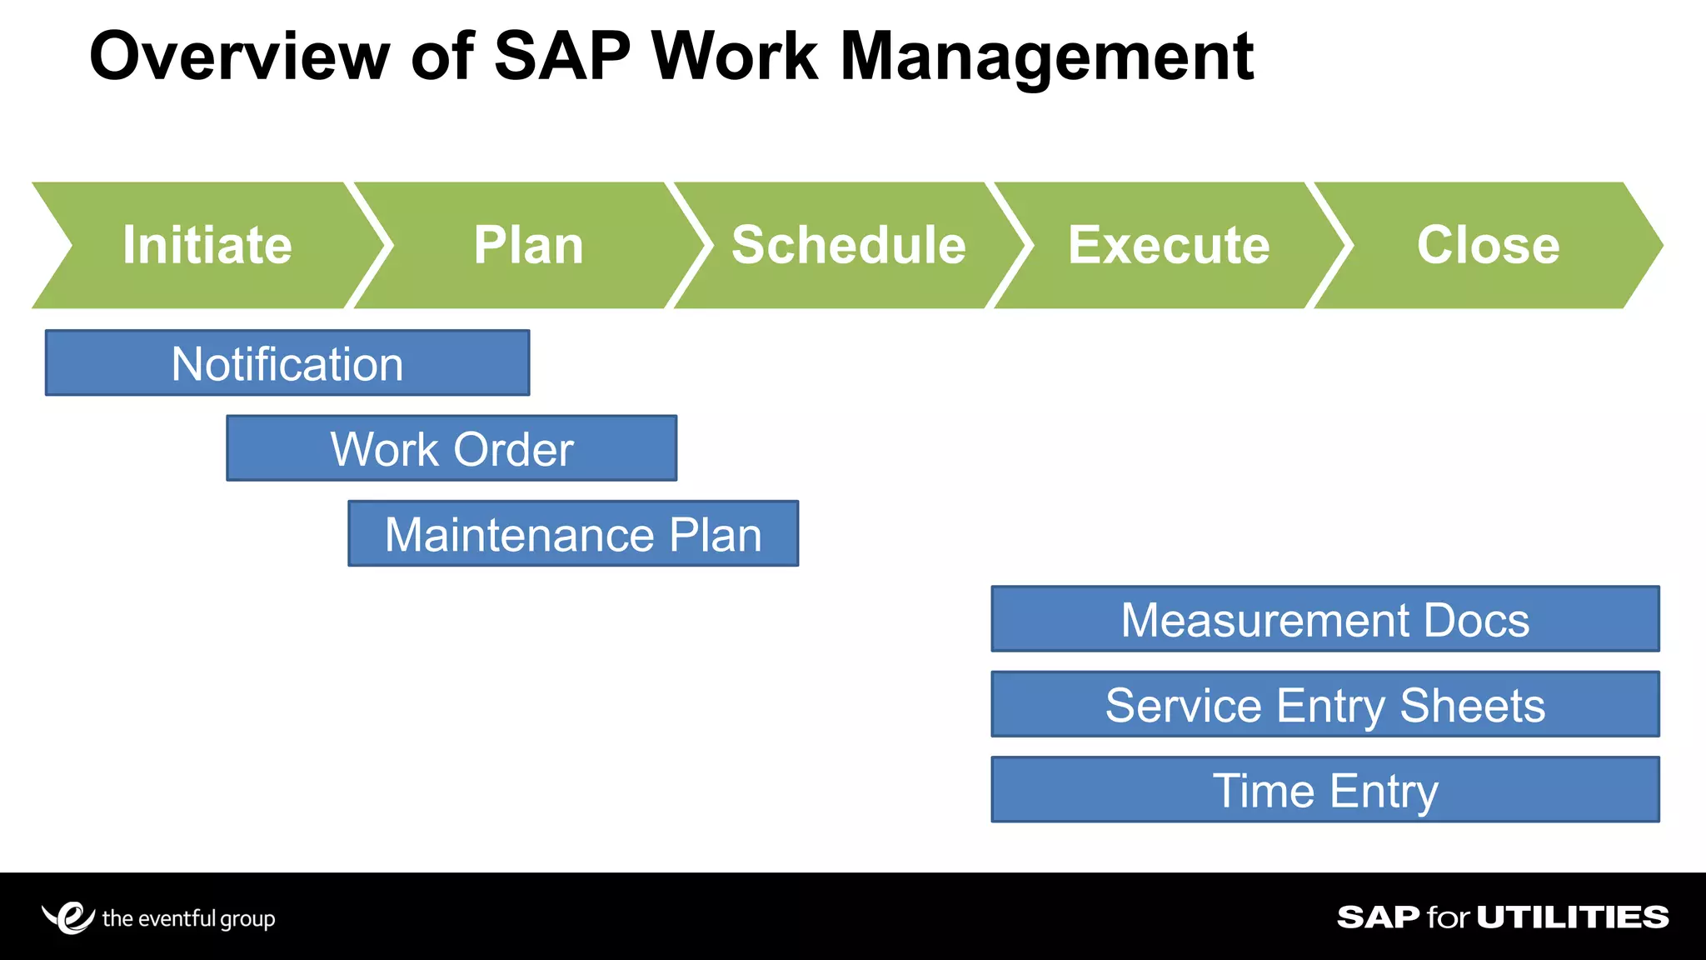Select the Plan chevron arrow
(x=528, y=245)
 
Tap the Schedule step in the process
(x=848, y=245)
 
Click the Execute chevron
(x=1169, y=245)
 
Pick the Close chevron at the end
(x=1488, y=245)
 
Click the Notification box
(x=287, y=363)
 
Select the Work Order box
(x=451, y=448)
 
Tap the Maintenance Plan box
(x=573, y=534)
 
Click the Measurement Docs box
(x=1324, y=619)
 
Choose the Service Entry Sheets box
(x=1324, y=705)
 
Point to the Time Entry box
(x=1324, y=790)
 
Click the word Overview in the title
(x=240, y=57)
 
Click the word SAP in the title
(x=562, y=57)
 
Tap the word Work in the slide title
(x=735, y=57)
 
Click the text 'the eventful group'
(x=188, y=918)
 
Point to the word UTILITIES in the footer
(x=1573, y=917)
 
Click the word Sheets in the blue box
(x=1472, y=706)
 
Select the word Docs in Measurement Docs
(x=1476, y=620)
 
